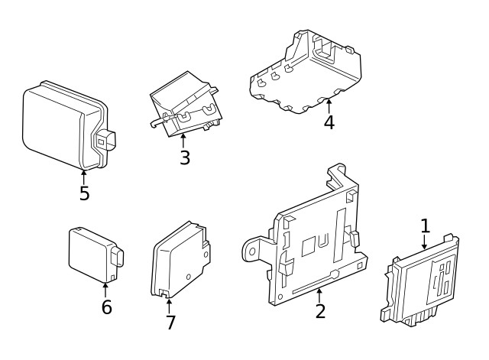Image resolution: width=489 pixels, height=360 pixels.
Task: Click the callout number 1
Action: click(x=426, y=225)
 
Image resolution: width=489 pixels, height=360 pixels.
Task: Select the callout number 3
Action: click(x=184, y=158)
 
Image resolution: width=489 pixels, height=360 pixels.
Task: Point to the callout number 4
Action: click(x=329, y=122)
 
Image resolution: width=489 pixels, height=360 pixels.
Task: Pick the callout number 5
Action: click(x=84, y=193)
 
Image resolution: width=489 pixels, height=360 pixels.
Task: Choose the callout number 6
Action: click(x=106, y=307)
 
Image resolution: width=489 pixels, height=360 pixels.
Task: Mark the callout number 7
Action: click(x=170, y=323)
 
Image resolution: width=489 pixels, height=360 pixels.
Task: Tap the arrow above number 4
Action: click(x=329, y=105)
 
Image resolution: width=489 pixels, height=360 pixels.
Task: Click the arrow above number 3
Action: click(x=183, y=141)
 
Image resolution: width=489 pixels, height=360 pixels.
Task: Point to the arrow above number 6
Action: click(x=106, y=290)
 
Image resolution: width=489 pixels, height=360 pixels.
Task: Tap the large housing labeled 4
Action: click(x=306, y=73)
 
